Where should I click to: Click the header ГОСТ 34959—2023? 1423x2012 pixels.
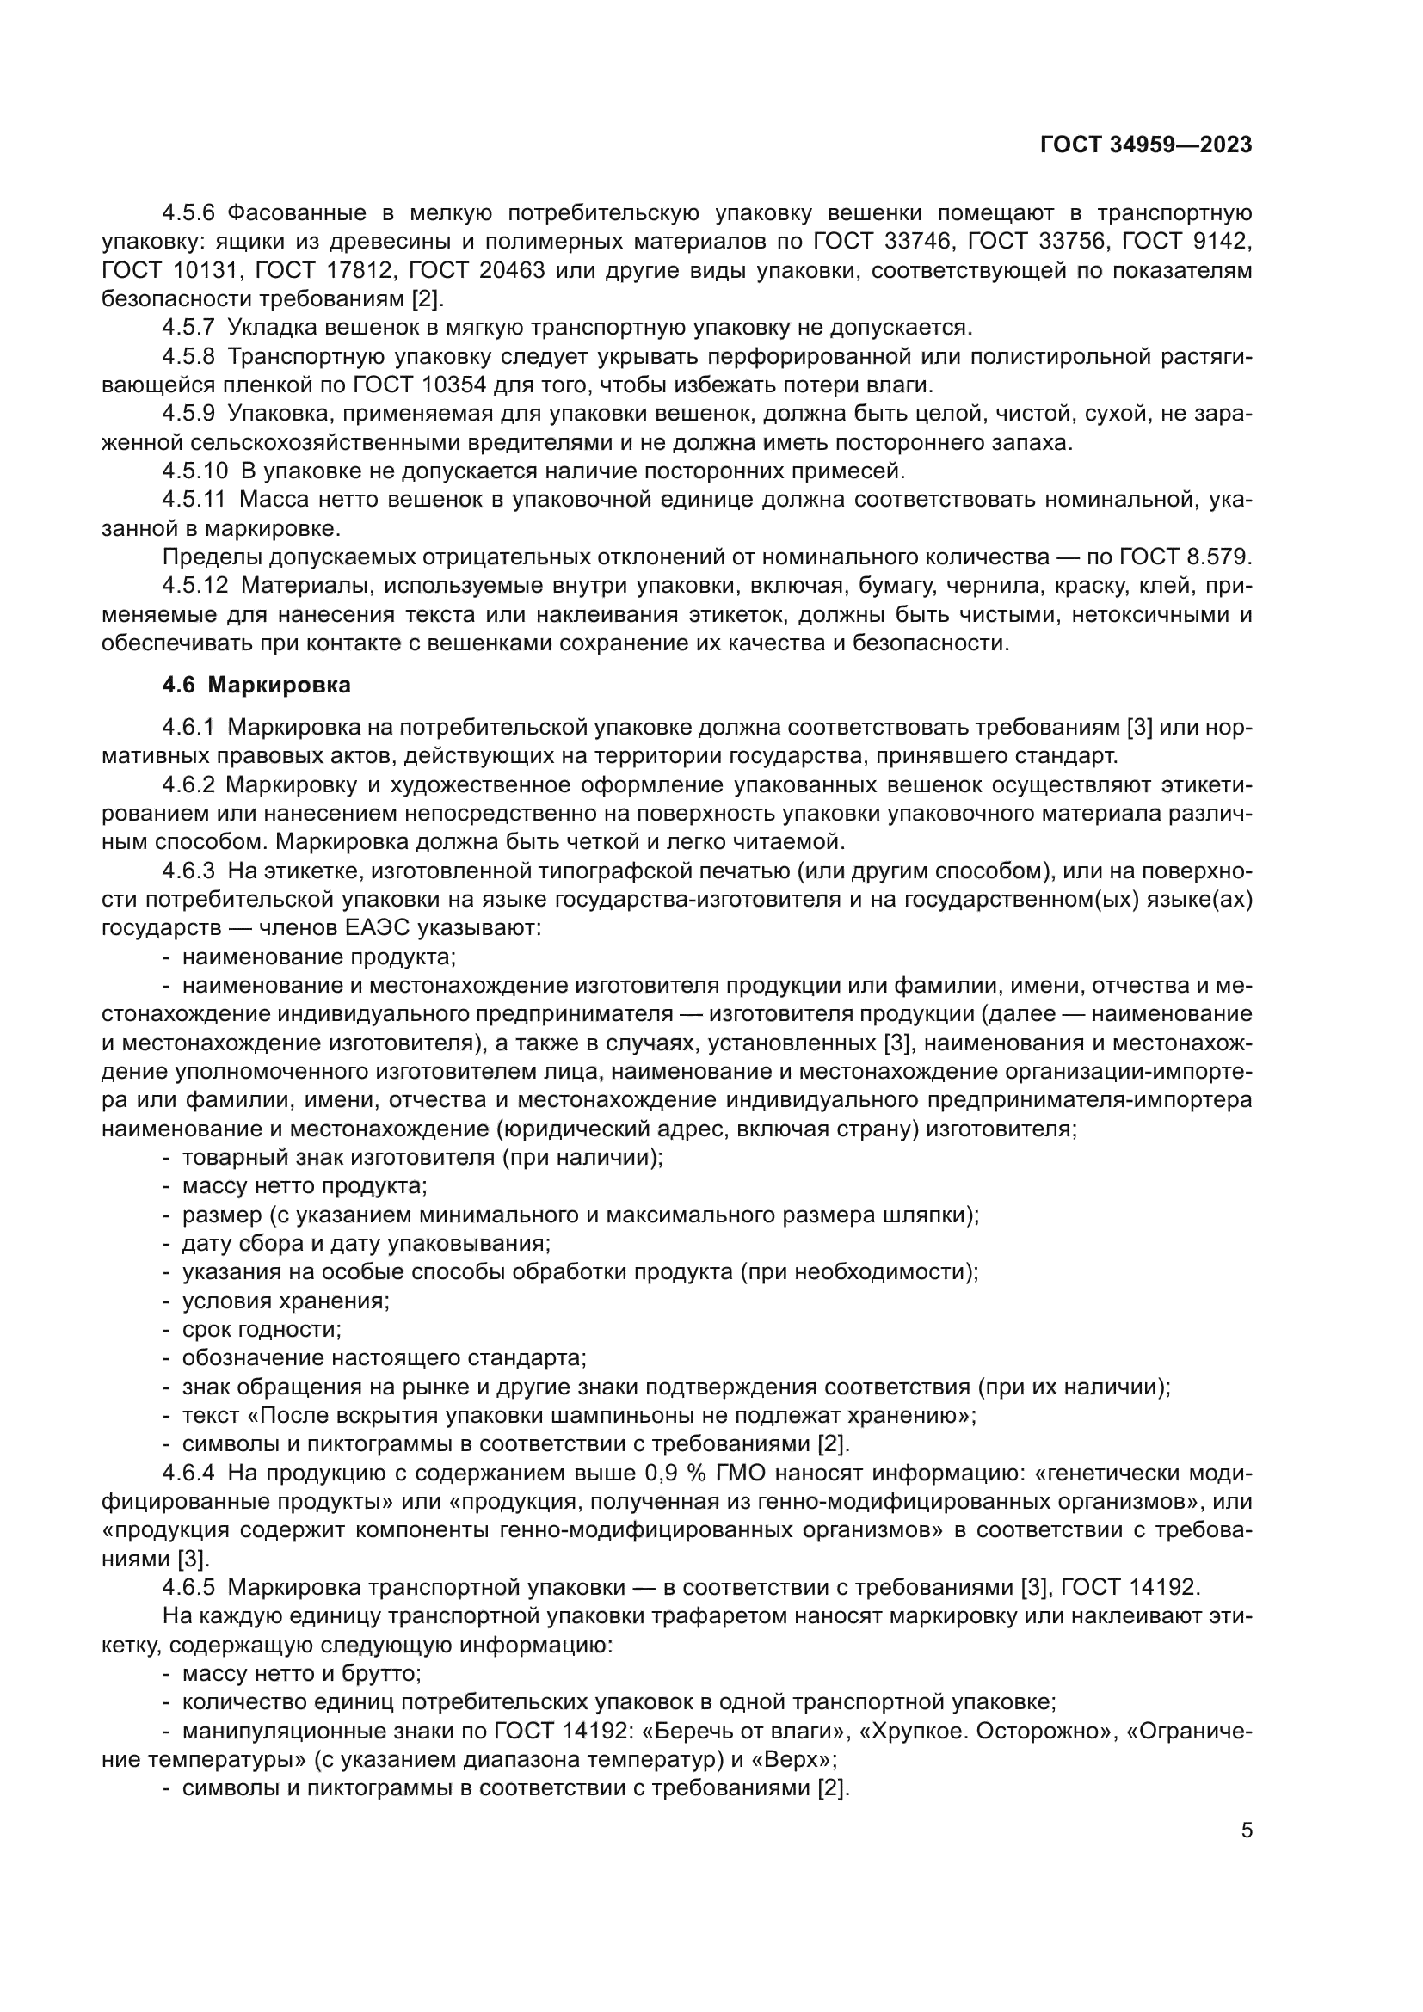[1145, 145]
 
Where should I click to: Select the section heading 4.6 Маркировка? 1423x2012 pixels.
[256, 686]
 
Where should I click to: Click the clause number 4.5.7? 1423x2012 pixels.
[188, 328]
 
